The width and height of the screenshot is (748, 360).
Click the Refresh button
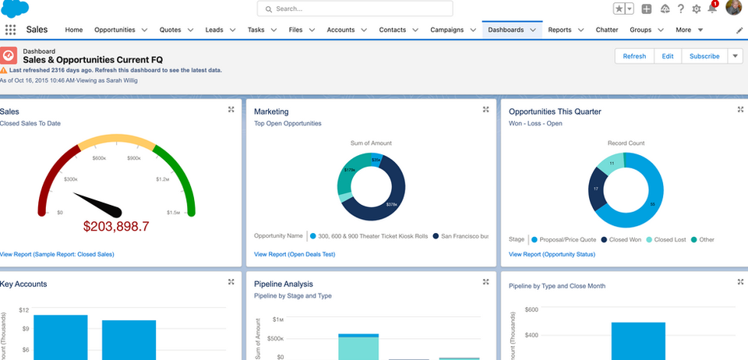point(633,56)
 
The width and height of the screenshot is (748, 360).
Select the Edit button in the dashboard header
point(668,56)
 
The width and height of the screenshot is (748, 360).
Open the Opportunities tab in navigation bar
point(115,30)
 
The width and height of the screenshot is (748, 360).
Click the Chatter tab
point(606,30)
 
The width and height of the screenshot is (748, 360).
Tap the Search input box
point(355,9)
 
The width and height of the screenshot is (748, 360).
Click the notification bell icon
point(711,9)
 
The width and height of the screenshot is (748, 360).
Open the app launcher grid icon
point(10,30)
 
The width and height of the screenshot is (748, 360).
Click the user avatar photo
point(733,8)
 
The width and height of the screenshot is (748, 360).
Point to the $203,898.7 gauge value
point(116,226)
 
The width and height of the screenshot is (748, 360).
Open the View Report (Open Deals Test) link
point(295,254)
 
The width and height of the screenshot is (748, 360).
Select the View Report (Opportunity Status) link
point(552,254)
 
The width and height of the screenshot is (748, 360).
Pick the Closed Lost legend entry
point(669,239)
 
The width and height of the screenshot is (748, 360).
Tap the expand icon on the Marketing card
point(485,110)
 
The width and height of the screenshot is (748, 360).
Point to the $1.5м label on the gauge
point(173,212)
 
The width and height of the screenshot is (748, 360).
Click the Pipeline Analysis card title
point(284,284)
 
